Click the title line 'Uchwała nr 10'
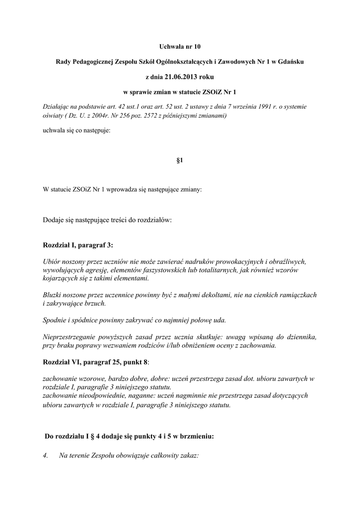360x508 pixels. (x=180, y=47)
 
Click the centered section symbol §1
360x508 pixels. (x=180, y=161)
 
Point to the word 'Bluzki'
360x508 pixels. (x=52, y=295)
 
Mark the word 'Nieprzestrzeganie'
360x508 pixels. (x=69, y=337)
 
